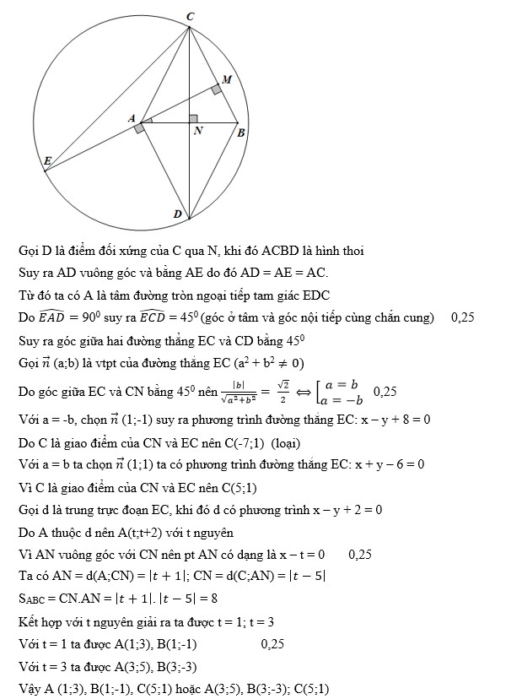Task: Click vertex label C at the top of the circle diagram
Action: (191, 16)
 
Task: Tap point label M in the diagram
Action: (227, 77)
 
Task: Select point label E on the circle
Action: (47, 160)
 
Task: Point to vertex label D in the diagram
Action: (178, 214)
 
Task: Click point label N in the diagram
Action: (198, 132)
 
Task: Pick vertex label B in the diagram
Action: (241, 133)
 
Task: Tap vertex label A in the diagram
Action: (132, 120)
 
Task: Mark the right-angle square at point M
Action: (217, 88)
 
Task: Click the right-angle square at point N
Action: (194, 119)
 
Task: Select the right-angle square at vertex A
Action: (139, 128)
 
